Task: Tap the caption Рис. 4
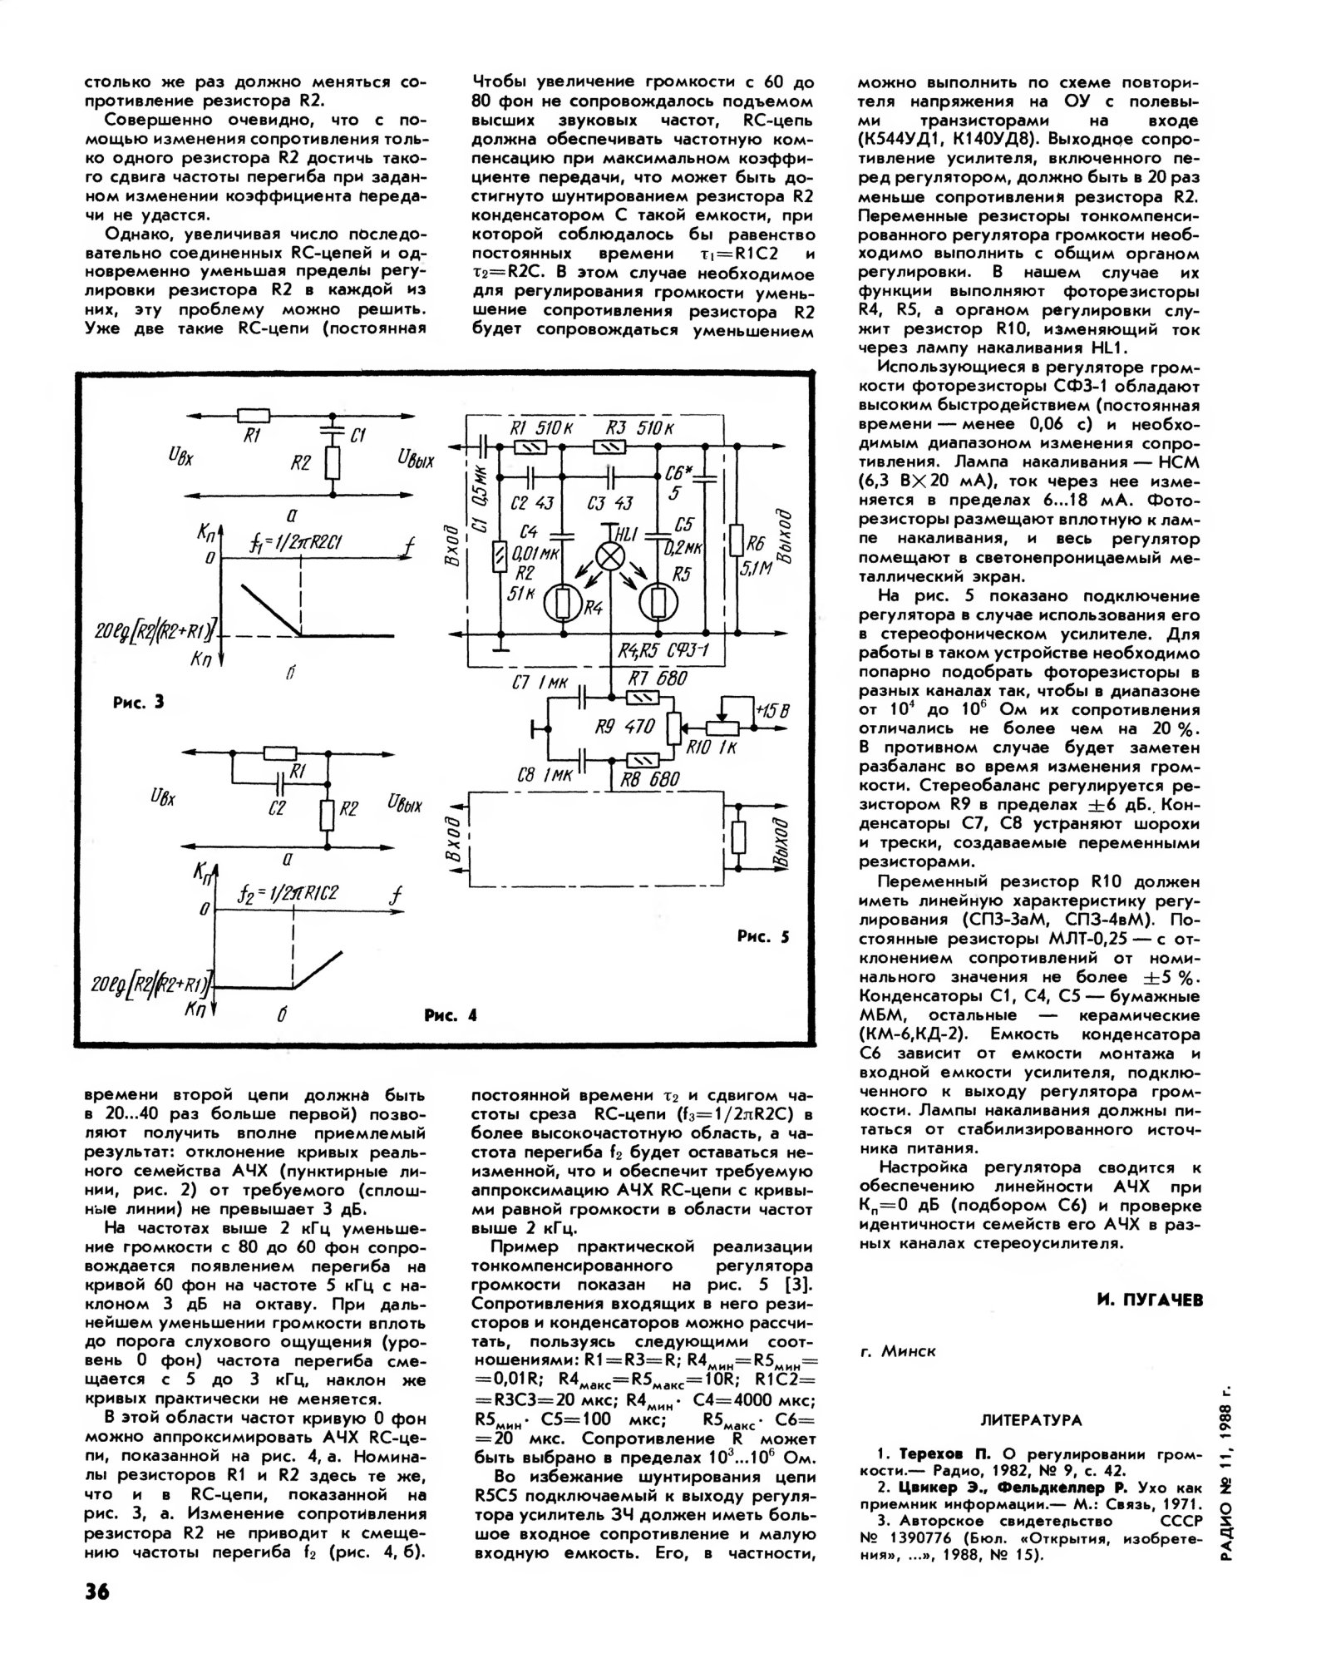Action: click(450, 1015)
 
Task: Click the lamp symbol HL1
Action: click(613, 558)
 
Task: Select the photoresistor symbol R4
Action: click(565, 604)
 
